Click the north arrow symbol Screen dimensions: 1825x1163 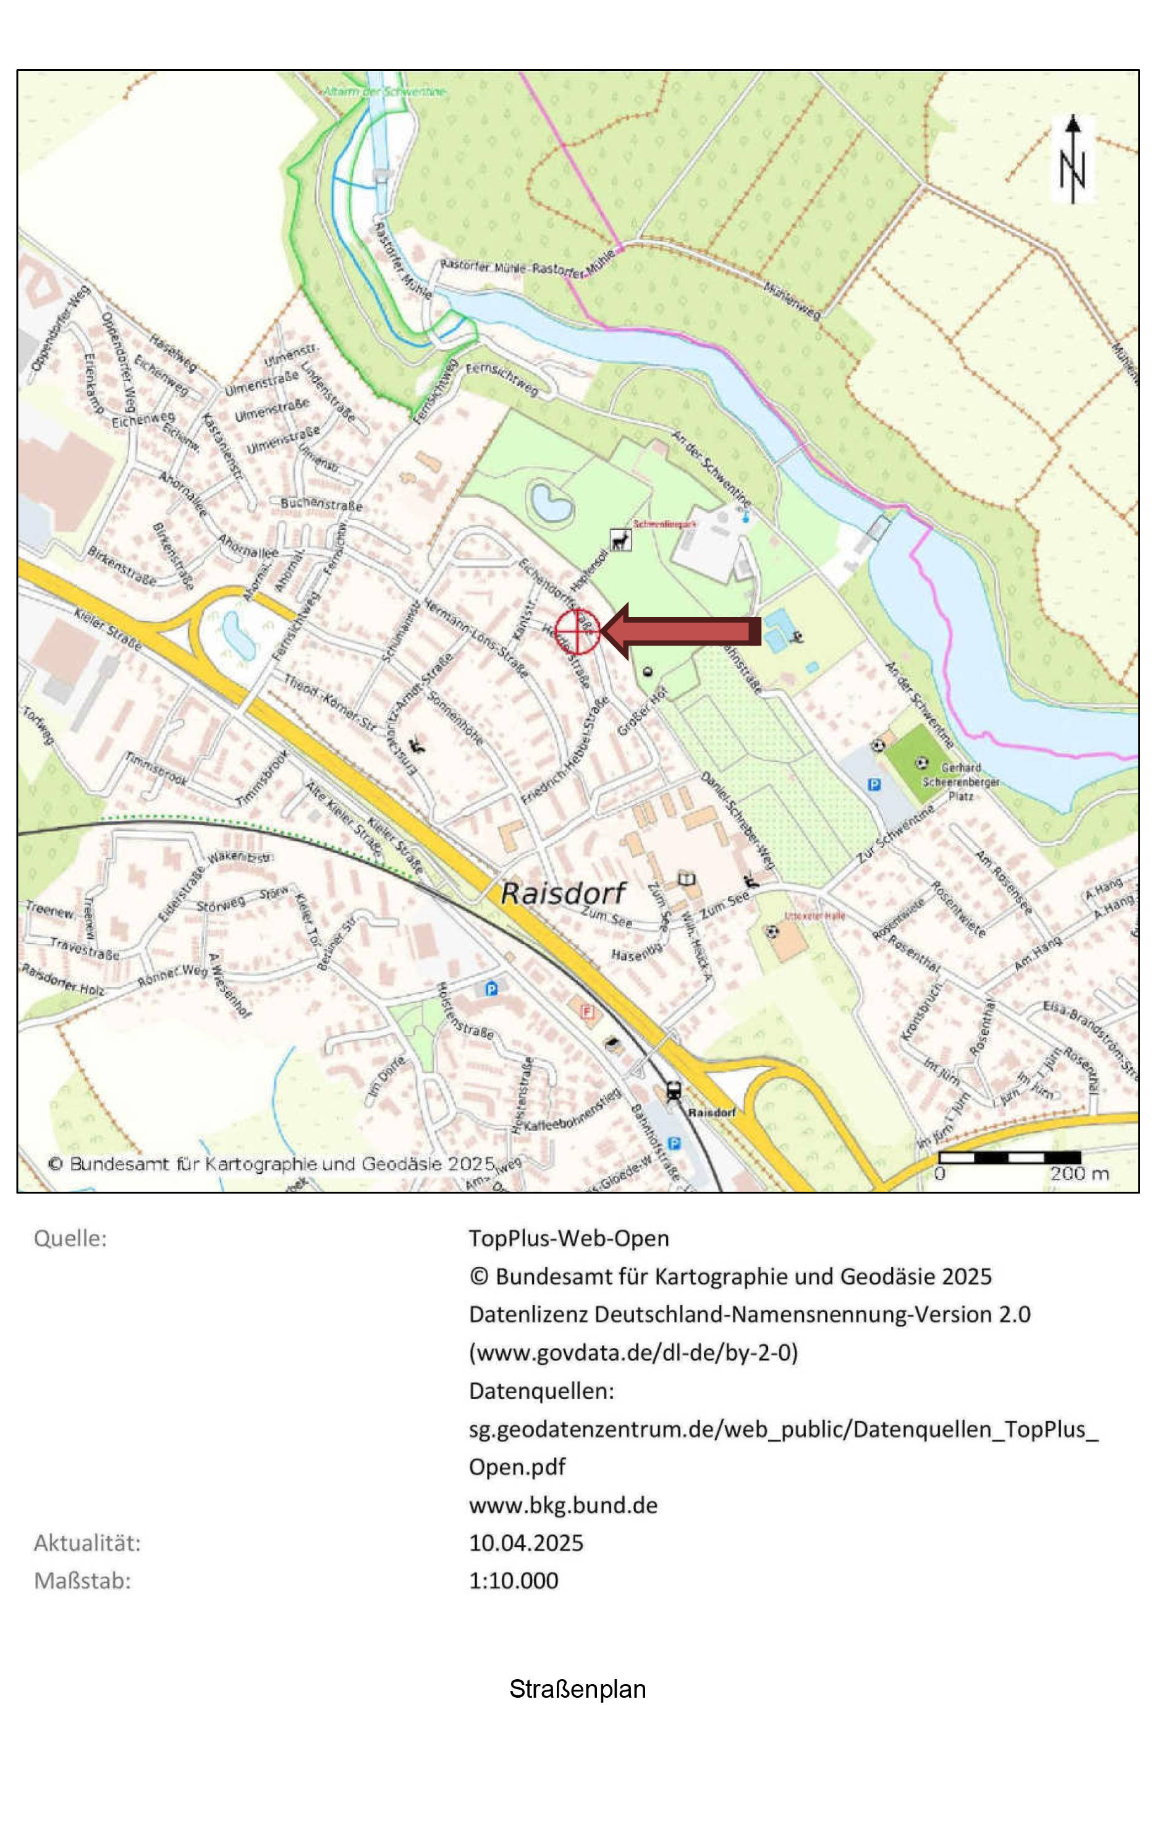click(x=1072, y=160)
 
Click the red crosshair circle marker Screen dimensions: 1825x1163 click(x=577, y=631)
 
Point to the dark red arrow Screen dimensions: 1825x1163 click(x=682, y=631)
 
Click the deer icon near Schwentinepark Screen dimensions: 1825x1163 click(x=621, y=541)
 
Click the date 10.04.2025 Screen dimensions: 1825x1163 click(x=525, y=1543)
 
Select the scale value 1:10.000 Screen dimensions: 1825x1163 click(x=514, y=1581)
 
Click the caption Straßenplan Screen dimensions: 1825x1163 click(x=577, y=1689)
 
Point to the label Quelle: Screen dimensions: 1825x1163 click(x=70, y=1238)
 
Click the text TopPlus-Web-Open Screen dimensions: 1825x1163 click(x=568, y=1238)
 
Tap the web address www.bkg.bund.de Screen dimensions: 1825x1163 click(x=562, y=1505)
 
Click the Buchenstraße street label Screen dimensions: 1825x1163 click(x=321, y=504)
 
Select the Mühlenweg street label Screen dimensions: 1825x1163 click(x=792, y=300)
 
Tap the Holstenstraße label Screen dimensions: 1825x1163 click(x=465, y=1010)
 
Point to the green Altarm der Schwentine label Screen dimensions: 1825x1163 click(x=384, y=91)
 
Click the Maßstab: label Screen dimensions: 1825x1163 click(x=82, y=1581)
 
